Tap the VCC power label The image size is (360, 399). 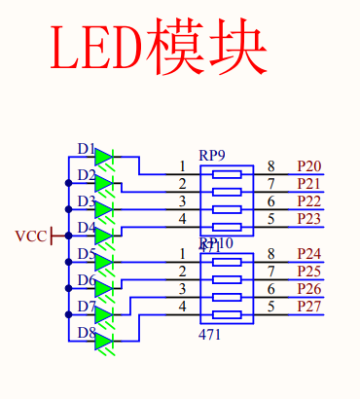click(30, 236)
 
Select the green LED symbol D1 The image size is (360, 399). click(104, 157)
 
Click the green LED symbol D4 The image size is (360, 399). click(104, 236)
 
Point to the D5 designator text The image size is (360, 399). click(87, 255)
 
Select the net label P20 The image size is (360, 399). click(309, 166)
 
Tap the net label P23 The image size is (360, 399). click(309, 219)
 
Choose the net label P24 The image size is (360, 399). click(309, 254)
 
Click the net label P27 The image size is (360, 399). click(309, 307)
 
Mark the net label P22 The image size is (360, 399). click(309, 201)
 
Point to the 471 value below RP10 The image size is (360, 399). click(209, 335)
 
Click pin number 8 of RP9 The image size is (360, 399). click(271, 166)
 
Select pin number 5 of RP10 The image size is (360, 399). click(271, 307)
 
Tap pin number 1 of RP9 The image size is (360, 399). click(182, 166)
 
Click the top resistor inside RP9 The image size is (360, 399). click(227, 175)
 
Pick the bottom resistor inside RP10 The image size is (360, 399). click(227, 315)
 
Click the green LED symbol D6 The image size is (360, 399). click(104, 288)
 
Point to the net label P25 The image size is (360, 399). click(309, 272)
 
